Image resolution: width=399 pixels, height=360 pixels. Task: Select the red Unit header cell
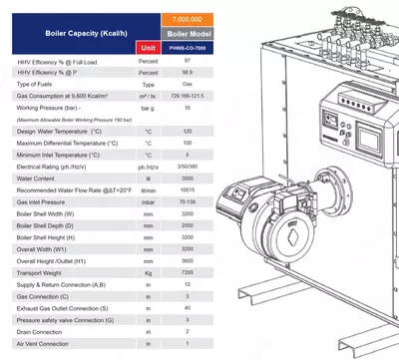pyautogui.click(x=147, y=47)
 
